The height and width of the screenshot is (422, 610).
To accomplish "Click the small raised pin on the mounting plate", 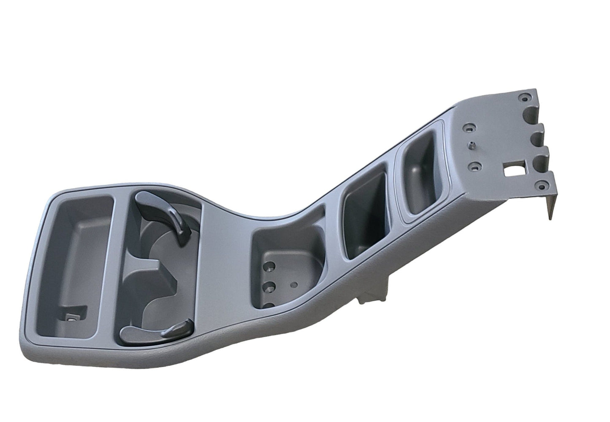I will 469,145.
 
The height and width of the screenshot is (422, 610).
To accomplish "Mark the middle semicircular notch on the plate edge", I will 538,137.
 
